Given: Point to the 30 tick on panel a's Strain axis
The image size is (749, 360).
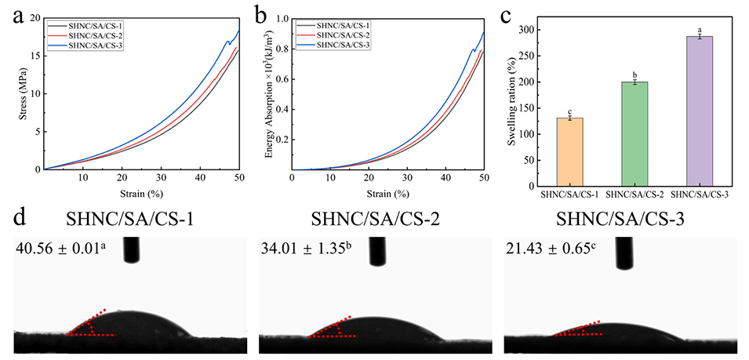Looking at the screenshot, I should [x=161, y=178].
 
